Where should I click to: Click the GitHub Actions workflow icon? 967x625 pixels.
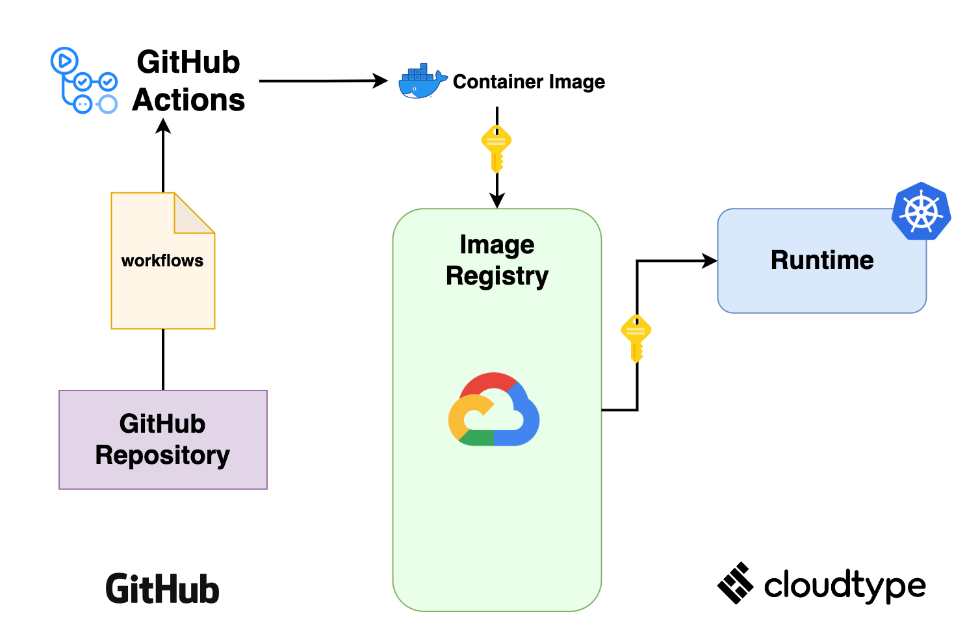[84, 81]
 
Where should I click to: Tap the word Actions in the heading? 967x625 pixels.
[188, 100]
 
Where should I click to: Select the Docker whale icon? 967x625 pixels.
[422, 82]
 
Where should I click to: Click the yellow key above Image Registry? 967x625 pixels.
[496, 148]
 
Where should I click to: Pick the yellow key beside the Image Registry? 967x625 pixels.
[636, 338]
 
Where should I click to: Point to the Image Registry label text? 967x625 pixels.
[497, 260]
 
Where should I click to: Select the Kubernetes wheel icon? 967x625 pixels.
[921, 211]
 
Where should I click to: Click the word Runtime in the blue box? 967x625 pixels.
[822, 260]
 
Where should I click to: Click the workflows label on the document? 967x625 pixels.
[162, 261]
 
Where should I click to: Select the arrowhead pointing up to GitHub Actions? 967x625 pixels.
[163, 126]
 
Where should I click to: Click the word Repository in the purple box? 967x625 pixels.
[162, 455]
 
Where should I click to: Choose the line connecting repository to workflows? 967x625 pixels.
[163, 359]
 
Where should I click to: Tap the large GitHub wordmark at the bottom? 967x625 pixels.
[162, 589]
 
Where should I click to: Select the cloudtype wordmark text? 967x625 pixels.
[844, 585]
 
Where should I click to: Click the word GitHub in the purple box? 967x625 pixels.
[162, 424]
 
